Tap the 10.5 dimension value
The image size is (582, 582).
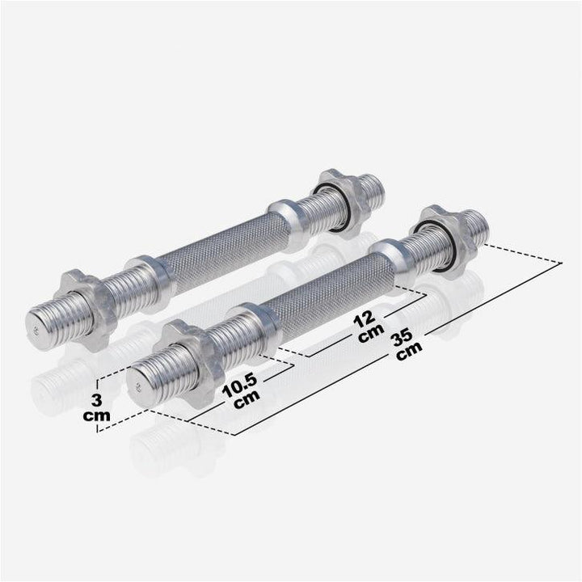click(x=244, y=382)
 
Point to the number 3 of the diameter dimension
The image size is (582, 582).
click(x=96, y=399)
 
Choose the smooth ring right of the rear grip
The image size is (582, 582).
click(x=287, y=221)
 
